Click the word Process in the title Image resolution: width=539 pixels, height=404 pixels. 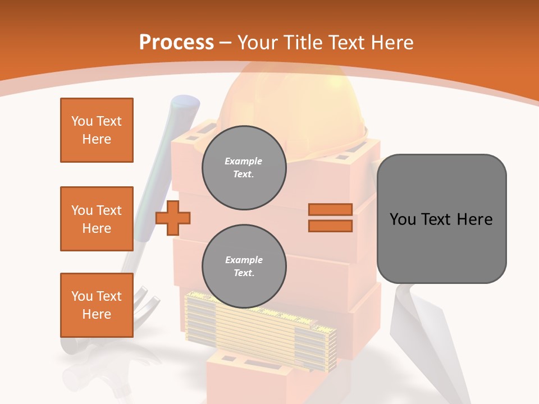[176, 43]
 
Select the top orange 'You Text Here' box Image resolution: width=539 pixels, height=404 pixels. [97, 130]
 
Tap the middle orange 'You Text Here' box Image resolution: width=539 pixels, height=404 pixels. [97, 219]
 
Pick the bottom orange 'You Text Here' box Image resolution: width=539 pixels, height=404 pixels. [97, 305]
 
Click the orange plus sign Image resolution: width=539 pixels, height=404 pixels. [172, 218]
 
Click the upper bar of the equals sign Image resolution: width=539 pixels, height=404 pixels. [330, 209]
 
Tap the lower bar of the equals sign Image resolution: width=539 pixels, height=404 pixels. [330, 226]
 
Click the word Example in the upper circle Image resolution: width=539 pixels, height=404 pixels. [244, 161]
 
